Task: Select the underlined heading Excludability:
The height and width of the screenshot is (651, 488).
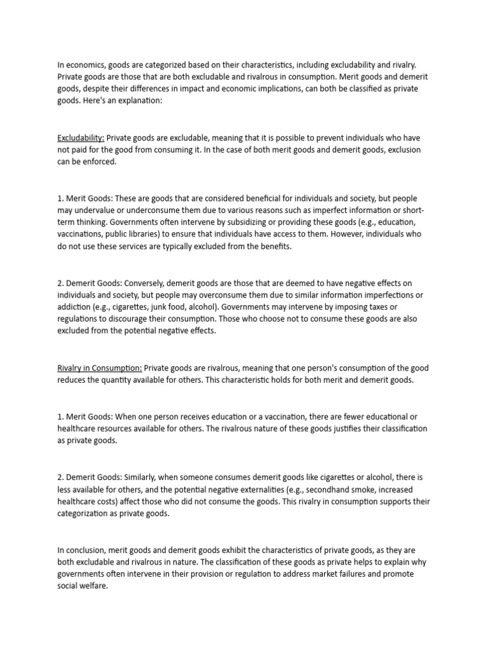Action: pyautogui.click(x=81, y=138)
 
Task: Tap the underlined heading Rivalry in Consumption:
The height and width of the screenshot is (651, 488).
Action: pyautogui.click(x=100, y=367)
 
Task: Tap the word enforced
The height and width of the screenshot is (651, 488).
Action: pyautogui.click(x=100, y=162)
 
